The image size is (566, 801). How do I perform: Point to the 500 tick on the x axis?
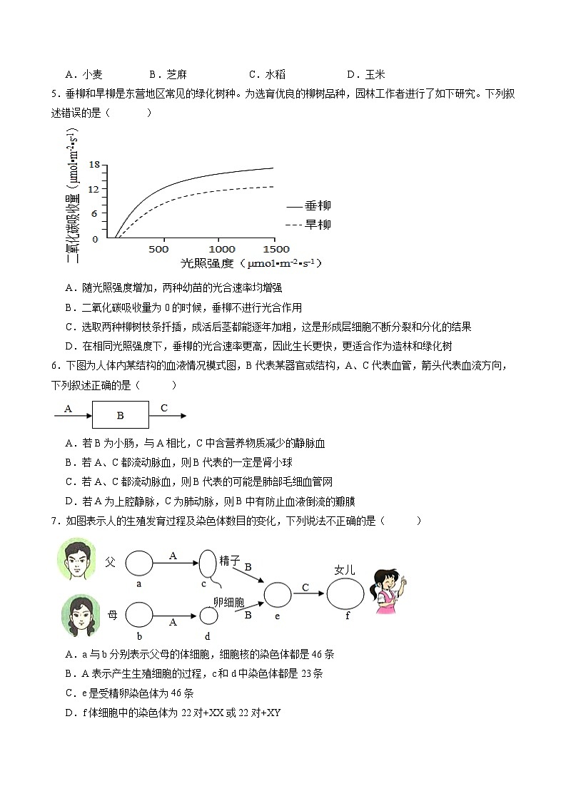[158, 249]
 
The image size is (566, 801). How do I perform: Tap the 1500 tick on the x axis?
[276, 249]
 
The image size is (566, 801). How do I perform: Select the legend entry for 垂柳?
[309, 206]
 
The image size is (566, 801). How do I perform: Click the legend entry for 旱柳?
[309, 225]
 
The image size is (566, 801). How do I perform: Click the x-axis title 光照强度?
[207, 263]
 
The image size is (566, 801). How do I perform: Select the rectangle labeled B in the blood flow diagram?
[121, 415]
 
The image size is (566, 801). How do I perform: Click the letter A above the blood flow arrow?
[69, 409]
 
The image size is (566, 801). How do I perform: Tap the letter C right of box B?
[164, 409]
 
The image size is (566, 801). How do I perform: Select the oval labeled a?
[140, 563]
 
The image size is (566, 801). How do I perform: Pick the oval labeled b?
[140, 615]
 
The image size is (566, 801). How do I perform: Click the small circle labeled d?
[208, 616]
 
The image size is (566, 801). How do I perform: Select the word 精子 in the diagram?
[230, 561]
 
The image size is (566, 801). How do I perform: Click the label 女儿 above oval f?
[345, 569]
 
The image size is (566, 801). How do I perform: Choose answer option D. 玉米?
[366, 74]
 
